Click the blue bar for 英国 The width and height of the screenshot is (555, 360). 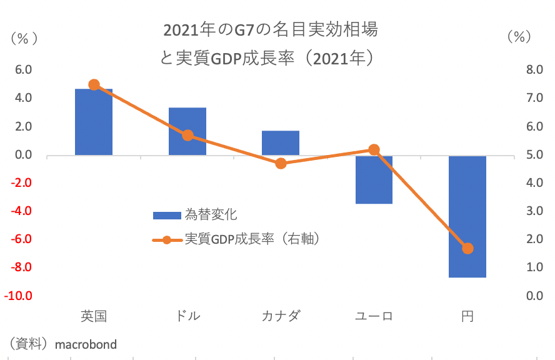pos(94,122)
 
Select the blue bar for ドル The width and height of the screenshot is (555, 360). pos(187,131)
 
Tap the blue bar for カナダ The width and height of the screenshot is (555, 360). pos(281,143)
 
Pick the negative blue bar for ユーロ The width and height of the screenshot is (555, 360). pos(374,179)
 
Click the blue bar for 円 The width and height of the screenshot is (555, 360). pos(467,216)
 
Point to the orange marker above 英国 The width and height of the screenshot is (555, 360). pos(94,85)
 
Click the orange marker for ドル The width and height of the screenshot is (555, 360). pos(187,136)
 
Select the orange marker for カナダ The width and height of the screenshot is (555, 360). pos(281,164)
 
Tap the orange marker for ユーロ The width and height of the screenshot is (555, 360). pos(374,150)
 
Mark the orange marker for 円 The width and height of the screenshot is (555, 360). pos(467,249)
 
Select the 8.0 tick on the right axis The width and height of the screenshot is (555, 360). pos(535,70)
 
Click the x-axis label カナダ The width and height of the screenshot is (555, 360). pos(281,316)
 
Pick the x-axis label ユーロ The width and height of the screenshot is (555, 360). pos(374,316)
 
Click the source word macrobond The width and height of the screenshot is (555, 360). pos(86,344)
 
